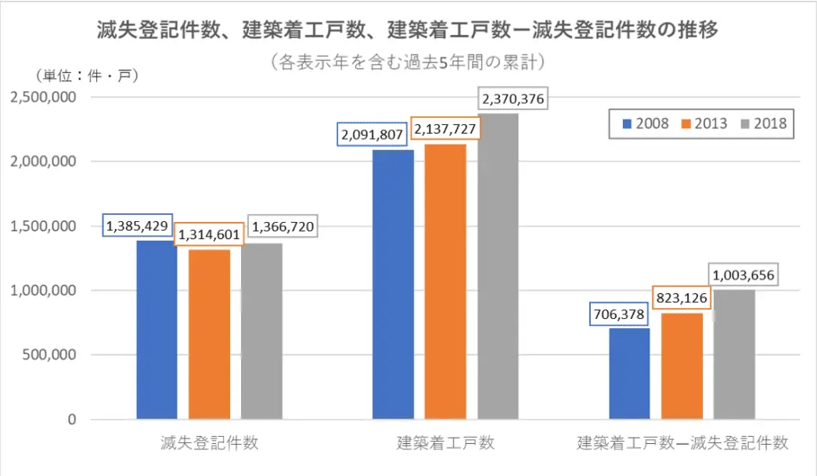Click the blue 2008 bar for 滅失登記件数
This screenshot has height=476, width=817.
tap(157, 330)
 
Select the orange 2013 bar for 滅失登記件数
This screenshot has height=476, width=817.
tap(209, 334)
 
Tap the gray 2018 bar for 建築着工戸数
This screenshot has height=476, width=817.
tap(498, 267)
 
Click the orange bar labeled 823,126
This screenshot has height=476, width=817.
tap(681, 366)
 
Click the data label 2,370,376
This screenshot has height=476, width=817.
tap(513, 99)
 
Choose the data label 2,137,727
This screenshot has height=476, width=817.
tap(444, 129)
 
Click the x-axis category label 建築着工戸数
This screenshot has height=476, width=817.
tap(444, 443)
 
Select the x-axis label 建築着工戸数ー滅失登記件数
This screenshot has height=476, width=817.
tap(682, 443)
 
